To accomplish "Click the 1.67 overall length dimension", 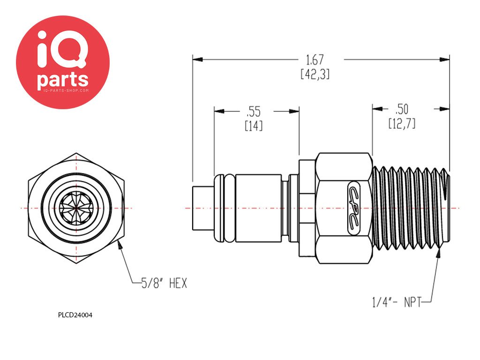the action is pyautogui.click(x=315, y=60).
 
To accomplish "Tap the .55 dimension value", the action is pyautogui.click(x=254, y=112).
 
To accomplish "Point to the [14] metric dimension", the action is pyautogui.click(x=254, y=126).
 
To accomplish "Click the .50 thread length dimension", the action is pyautogui.click(x=402, y=109).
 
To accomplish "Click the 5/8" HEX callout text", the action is pyautogui.click(x=164, y=283).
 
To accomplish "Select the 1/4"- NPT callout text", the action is pyautogui.click(x=397, y=302).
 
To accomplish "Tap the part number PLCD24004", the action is pyautogui.click(x=75, y=315).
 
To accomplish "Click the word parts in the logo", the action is pyautogui.click(x=63, y=80).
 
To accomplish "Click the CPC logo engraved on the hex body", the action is pyautogui.click(x=354, y=208).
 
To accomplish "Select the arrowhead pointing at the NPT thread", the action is pyautogui.click(x=439, y=254).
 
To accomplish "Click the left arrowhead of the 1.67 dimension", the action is pyautogui.click(x=198, y=59).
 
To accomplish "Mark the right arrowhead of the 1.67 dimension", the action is pyautogui.click(x=444, y=60).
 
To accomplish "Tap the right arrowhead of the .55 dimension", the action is pyautogui.click(x=294, y=111).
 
